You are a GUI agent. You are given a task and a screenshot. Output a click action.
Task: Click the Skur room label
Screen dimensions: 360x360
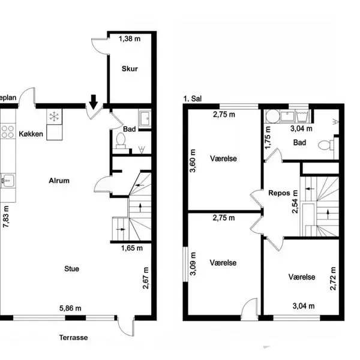click(130, 68)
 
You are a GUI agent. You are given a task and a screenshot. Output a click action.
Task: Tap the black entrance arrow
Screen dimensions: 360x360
click(94, 102)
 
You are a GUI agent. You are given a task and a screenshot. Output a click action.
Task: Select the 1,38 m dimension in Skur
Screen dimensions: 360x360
click(130, 39)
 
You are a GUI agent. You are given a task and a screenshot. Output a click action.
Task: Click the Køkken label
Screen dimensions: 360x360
click(31, 134)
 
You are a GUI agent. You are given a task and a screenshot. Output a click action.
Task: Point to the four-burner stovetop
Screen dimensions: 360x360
click(8, 131)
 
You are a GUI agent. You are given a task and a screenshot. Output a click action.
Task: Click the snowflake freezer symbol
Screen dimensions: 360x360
click(55, 116)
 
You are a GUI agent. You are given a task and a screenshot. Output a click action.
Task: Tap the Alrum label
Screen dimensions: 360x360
click(59, 181)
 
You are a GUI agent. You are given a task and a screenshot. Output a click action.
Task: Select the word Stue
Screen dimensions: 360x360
click(71, 269)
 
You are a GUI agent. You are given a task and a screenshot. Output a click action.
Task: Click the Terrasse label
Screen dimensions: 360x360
click(73, 337)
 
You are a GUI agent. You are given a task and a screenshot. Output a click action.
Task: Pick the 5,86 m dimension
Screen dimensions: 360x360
click(70, 308)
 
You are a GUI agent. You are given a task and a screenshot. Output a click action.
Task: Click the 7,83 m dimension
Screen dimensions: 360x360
click(6, 217)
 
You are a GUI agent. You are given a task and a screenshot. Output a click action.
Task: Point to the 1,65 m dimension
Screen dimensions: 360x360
click(132, 248)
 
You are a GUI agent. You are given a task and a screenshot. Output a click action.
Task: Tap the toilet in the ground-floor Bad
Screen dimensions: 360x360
click(121, 141)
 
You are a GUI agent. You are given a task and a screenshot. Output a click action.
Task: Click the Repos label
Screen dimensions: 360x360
click(279, 193)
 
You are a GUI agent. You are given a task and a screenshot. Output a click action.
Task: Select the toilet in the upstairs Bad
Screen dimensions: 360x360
click(326, 145)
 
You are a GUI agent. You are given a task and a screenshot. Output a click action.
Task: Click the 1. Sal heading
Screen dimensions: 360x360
click(193, 99)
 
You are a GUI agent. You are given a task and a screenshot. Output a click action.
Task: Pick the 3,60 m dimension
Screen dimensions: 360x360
click(193, 161)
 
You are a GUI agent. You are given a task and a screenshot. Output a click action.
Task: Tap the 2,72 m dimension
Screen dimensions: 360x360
click(332, 278)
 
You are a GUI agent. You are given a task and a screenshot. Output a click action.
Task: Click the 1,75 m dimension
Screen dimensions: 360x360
click(268, 138)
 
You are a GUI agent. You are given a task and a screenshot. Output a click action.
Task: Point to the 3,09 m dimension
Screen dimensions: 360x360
click(193, 263)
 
